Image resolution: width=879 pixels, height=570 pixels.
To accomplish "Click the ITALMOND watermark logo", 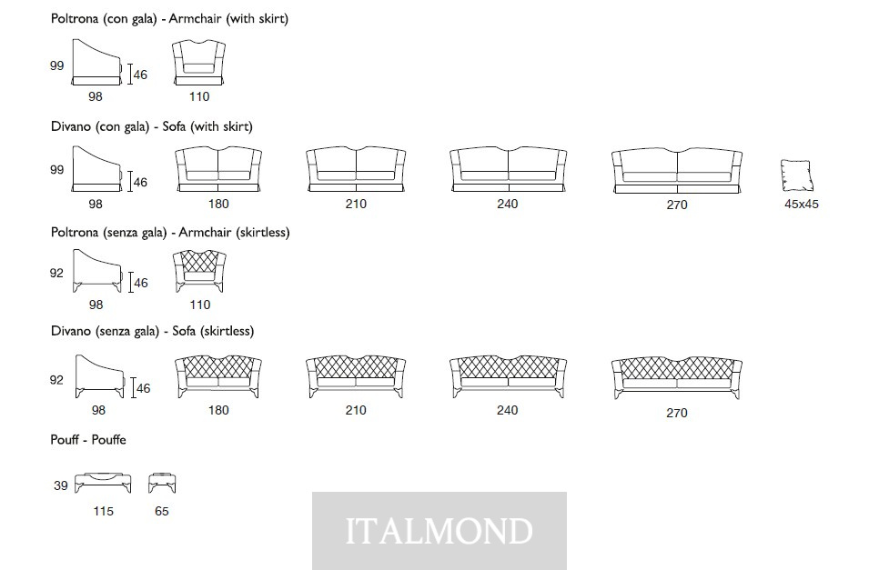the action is [439, 531].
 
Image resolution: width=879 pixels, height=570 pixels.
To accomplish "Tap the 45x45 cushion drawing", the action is [796, 175].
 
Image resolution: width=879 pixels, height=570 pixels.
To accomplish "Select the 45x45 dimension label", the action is [801, 205].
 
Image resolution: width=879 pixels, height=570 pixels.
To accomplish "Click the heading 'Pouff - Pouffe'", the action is [88, 440].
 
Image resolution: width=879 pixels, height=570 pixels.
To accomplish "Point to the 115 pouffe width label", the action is [103, 511].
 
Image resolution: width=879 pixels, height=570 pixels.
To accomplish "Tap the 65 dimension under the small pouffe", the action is [161, 511].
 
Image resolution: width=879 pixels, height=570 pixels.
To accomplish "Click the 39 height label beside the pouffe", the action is [61, 485].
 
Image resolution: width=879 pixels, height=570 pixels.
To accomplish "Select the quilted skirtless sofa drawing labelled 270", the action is [677, 378].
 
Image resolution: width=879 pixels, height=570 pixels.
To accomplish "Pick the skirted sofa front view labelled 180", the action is [218, 170].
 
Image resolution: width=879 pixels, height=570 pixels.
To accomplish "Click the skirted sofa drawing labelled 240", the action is [508, 170].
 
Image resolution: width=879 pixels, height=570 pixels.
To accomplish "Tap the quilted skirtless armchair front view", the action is [199, 271].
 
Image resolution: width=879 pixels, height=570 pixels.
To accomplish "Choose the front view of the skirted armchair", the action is [199, 63].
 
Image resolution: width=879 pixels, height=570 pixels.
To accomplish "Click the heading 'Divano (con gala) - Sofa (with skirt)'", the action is [152, 126].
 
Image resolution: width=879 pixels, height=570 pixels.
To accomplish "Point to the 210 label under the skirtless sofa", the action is [356, 410].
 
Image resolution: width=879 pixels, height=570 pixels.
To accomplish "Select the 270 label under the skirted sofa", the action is [677, 205].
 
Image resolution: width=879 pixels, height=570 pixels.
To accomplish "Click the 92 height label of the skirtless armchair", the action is [56, 274].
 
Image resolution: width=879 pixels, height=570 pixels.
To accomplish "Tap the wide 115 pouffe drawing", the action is [103, 483].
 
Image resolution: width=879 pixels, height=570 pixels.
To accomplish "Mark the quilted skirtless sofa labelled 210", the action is [356, 376].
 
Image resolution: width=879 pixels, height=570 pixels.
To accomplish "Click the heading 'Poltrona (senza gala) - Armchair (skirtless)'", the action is [170, 233].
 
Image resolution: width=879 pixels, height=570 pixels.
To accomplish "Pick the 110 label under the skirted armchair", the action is [199, 97].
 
